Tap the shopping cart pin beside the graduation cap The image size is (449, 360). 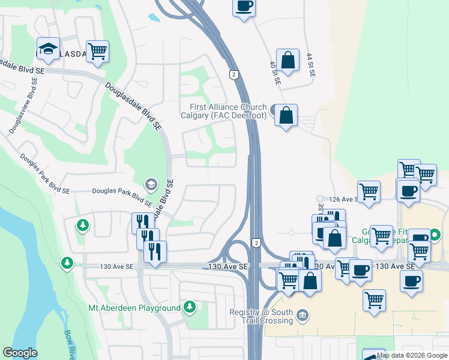pos(97,51)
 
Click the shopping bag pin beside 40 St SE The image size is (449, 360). pos(288,61)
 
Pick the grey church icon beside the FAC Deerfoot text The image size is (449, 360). pos(275,110)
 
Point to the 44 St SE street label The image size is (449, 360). pos(310,65)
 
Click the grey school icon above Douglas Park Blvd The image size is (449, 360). pos(150,183)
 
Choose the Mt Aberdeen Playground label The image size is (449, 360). pos(134,308)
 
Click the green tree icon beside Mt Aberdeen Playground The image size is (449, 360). pos(190,308)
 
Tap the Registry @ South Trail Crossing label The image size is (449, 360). pos(261,316)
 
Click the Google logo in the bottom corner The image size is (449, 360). pos(20,353)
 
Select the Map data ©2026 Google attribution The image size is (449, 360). pos(412,355)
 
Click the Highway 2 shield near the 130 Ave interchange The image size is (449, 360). pos(256,242)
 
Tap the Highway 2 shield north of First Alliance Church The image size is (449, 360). pos(234,74)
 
